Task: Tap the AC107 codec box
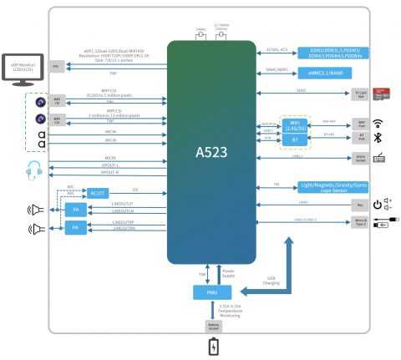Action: pos(98,192)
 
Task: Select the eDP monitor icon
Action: pos(21,68)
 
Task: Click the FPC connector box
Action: pos(56,65)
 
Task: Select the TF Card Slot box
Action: pos(361,94)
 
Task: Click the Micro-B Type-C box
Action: pos(360,225)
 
